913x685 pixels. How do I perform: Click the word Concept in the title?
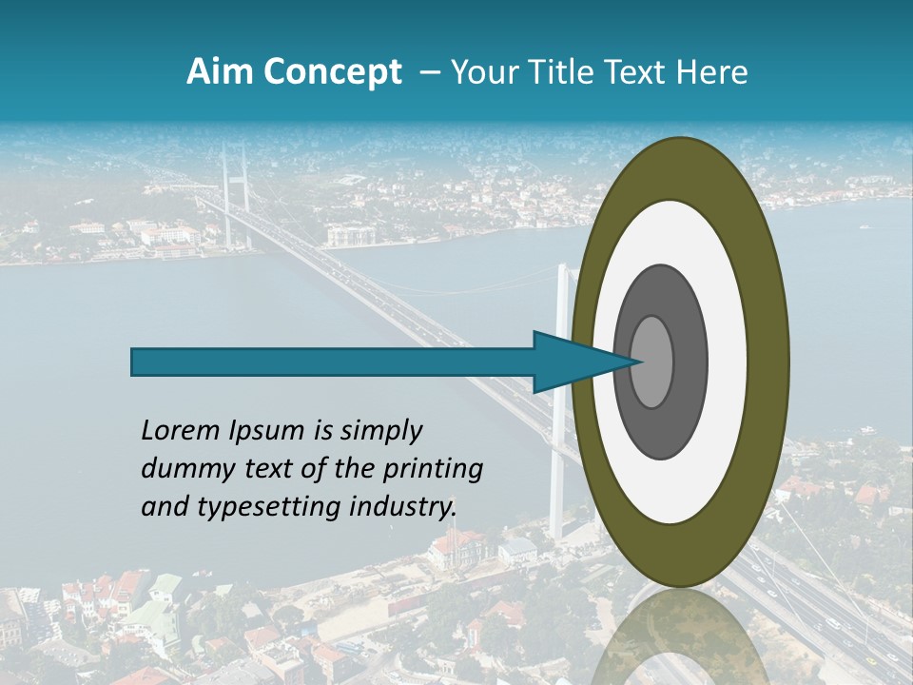(x=332, y=72)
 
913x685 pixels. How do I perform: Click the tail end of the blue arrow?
(x=134, y=362)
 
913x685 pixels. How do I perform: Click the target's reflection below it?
(x=679, y=637)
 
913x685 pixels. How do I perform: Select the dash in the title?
(x=430, y=73)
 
